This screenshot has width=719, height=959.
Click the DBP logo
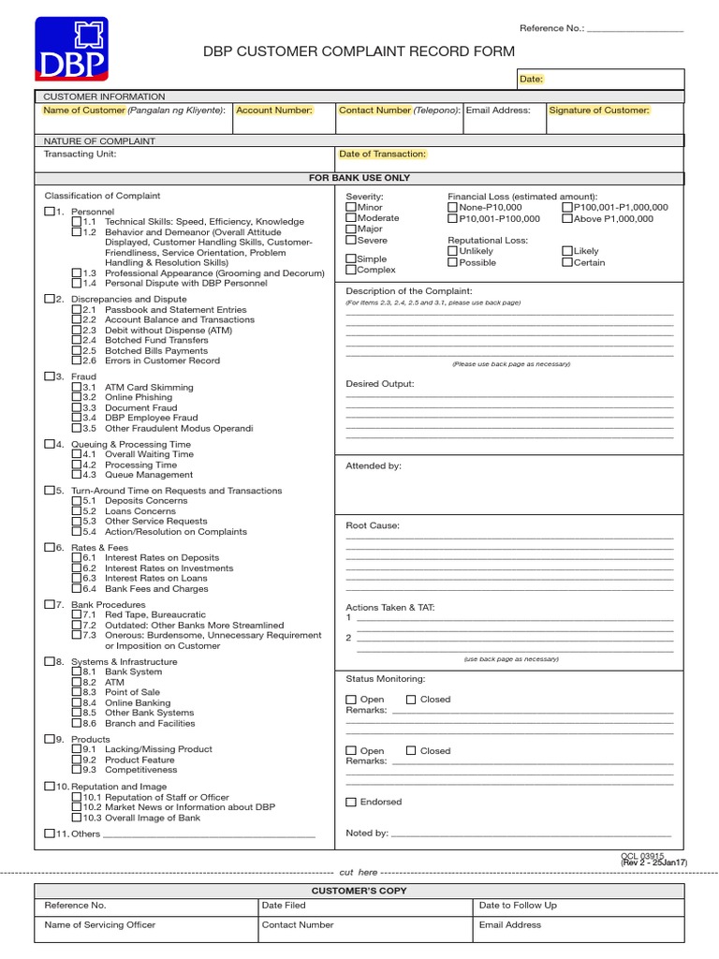[72, 48]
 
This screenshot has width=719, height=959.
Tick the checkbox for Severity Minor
[351, 207]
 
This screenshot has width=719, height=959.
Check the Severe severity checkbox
[351, 241]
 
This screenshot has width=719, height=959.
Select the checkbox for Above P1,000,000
[567, 219]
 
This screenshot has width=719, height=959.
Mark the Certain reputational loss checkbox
[567, 263]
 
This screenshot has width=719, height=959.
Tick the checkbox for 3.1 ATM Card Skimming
[77, 387]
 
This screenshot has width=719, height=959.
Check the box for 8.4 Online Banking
[77, 702]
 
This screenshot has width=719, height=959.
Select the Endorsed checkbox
[351, 803]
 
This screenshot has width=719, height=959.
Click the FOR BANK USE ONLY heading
[359, 178]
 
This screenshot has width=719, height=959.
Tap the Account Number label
[274, 111]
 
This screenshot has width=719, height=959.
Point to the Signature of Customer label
[599, 111]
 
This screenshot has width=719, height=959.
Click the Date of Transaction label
[382, 154]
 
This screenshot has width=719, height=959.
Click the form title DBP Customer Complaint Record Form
[347, 53]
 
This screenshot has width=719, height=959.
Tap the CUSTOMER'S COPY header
[359, 891]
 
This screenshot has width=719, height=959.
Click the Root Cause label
[373, 526]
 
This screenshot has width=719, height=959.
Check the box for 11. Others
[50, 834]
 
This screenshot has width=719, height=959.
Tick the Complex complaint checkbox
[351, 270]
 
